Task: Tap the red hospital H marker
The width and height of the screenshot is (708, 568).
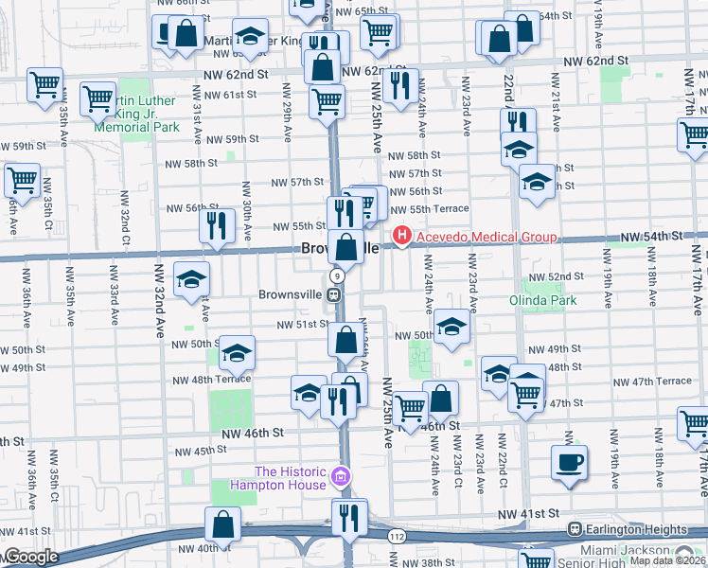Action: (402, 236)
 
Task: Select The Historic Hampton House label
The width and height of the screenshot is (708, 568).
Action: (291, 479)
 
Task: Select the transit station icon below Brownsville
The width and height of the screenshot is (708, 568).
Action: (334, 294)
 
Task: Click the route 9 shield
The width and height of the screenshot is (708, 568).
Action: (336, 275)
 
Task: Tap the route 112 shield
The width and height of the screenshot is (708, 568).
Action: (393, 536)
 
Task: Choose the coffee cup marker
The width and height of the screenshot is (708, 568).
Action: (569, 463)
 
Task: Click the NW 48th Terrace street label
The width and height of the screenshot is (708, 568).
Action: (212, 379)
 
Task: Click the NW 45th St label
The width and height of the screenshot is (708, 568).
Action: (198, 452)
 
